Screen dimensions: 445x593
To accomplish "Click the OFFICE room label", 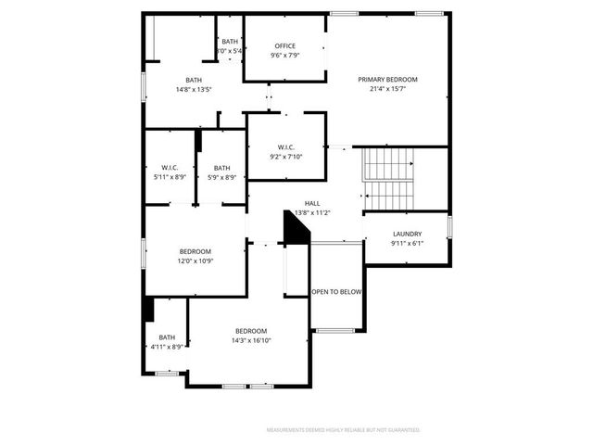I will pos(284,45).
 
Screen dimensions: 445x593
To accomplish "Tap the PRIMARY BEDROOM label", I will pos(388,80).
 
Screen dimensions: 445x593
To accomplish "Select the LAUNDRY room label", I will pos(407,234).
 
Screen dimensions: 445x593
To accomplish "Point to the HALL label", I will pos(312,203).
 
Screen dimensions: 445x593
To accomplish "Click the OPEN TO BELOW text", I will pos(336,292).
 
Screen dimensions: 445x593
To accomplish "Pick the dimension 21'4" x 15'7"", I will pos(388,89).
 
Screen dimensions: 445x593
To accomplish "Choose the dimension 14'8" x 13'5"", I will pos(194,89).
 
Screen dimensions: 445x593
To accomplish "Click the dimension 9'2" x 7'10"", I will pos(285,157).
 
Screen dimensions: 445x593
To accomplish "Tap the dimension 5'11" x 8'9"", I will pos(170,177).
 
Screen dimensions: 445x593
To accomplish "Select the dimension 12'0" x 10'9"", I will pos(195,261).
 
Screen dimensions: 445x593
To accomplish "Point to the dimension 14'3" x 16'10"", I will pos(250,340).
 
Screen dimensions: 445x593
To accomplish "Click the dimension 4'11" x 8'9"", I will pos(167,347).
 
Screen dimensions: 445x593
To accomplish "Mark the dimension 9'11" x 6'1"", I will pos(407,243).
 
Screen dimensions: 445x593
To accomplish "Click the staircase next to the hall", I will pos(388,178).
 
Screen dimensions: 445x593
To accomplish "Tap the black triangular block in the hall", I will pos(294,231).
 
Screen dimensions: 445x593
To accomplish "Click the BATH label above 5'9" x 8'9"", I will pos(221,168).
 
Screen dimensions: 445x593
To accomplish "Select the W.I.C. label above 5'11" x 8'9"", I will pos(170,168).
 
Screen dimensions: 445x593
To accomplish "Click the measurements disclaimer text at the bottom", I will pos(343,430).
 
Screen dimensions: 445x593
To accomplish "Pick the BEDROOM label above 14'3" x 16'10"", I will pos(250,331).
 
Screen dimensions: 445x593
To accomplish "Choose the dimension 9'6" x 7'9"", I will pos(284,55).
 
